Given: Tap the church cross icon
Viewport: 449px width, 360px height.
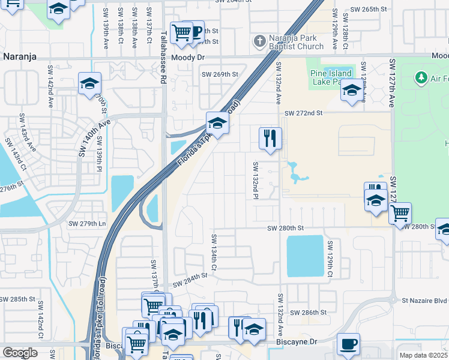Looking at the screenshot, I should coord(259,41).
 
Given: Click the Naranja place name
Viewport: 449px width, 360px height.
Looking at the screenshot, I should coord(20,56).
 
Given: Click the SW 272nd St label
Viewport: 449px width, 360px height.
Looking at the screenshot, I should coord(304,113).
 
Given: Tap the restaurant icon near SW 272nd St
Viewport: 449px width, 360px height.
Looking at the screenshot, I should coord(270,139).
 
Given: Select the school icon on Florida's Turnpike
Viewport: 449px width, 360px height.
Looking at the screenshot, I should coord(217,124).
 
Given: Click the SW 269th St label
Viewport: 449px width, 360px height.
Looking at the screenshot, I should coord(220,74).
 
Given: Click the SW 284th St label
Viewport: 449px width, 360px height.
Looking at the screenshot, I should coord(190,275).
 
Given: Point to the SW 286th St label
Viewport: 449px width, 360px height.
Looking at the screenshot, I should coord(308,313).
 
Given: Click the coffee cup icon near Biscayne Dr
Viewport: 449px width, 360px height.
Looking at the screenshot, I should coord(348,344).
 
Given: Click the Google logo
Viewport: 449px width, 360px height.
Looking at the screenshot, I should coord(20,353).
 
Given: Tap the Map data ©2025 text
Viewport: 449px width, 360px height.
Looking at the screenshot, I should coord(423,355).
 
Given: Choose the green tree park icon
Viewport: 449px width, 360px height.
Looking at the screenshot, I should coord(421,77).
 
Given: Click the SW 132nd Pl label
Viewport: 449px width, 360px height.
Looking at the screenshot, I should coord(256,177).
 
